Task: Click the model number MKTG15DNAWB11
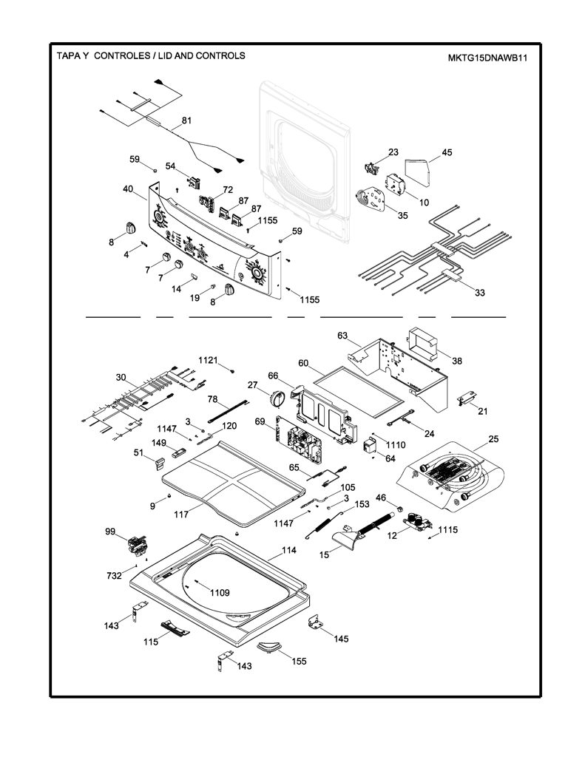[487, 58]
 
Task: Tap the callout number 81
[186, 120]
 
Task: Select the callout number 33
[480, 293]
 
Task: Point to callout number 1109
[220, 593]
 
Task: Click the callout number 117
[181, 515]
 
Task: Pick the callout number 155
[299, 661]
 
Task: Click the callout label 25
[493, 439]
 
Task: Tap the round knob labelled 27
[278, 398]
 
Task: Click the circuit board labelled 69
[299, 441]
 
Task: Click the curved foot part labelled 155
[266, 648]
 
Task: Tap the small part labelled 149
[179, 453]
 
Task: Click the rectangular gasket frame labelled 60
[358, 385]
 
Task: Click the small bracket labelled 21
[467, 398]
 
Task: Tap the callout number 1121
[209, 360]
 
